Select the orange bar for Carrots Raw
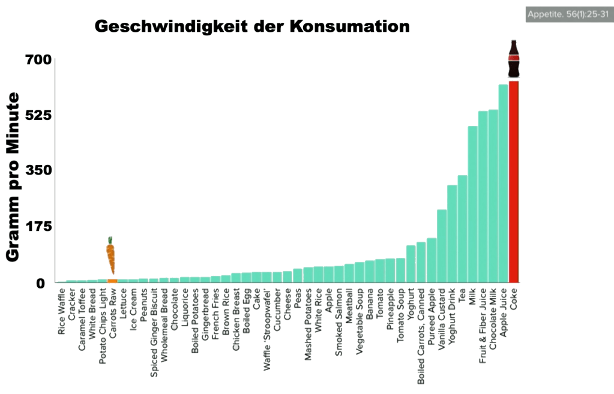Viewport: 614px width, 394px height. coord(112,280)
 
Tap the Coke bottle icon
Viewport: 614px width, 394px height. coord(514,59)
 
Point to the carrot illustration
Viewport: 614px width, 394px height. coord(111,255)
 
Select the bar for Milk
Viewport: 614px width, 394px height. coord(472,204)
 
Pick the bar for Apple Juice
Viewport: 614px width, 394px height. coord(503,183)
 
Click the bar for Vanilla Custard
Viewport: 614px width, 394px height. coord(441,246)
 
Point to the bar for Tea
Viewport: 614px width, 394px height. coord(462,228)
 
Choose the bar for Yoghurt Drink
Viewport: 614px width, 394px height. coord(452,233)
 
